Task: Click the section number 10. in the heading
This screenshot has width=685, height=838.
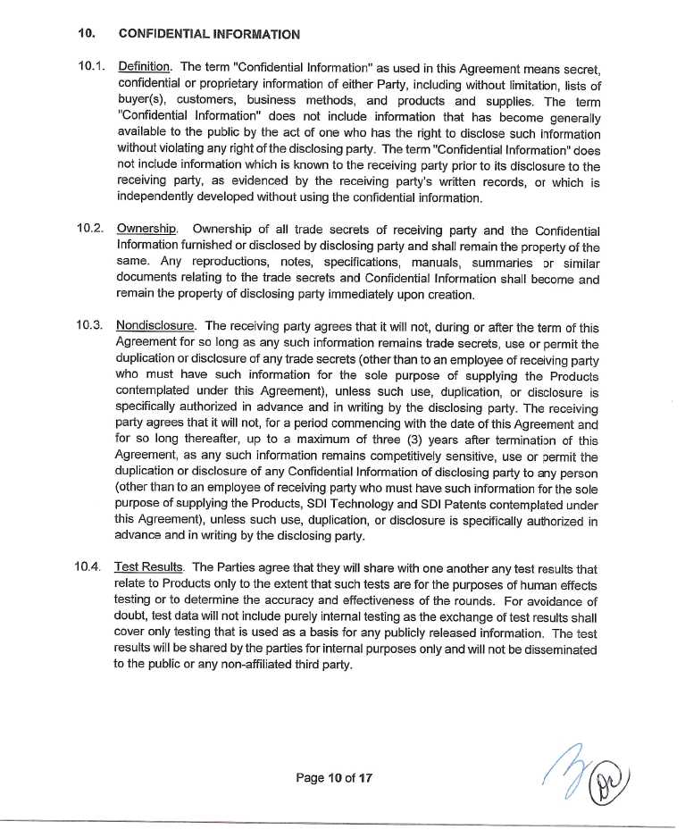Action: point(87,34)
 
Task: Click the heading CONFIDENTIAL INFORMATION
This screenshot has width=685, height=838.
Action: point(208,34)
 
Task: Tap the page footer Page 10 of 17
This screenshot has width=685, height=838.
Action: point(334,777)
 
